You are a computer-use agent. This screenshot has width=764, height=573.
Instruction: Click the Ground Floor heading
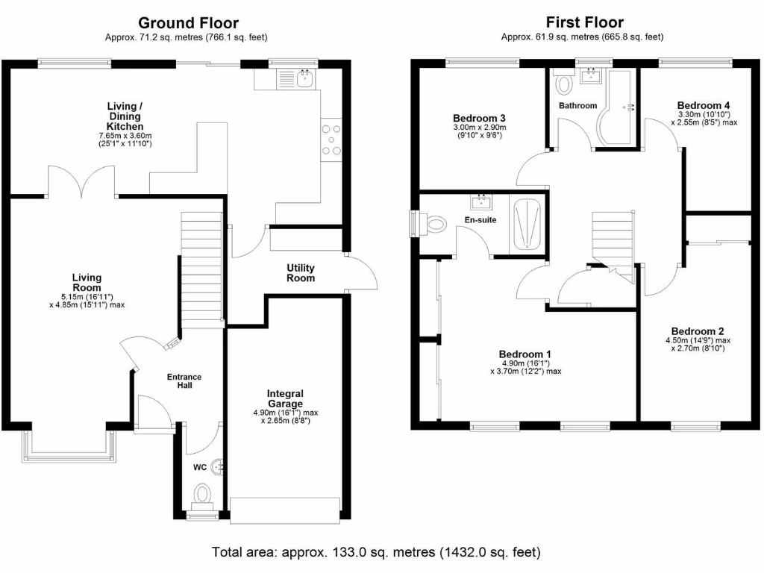(188, 23)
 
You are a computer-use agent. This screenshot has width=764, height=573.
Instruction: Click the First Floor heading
(584, 23)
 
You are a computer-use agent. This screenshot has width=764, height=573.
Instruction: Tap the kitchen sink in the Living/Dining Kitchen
(304, 77)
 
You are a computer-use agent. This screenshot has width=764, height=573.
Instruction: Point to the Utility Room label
(301, 272)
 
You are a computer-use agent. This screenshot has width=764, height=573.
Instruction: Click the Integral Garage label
(286, 398)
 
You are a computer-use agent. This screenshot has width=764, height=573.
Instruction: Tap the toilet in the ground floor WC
(202, 494)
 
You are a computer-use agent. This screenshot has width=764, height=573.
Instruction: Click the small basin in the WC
(218, 467)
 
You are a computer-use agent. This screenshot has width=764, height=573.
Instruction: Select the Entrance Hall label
(184, 381)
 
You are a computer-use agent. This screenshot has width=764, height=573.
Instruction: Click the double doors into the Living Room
(82, 181)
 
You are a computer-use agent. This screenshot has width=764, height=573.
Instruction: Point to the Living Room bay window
(69, 444)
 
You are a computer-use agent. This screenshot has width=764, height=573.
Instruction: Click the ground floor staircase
(202, 269)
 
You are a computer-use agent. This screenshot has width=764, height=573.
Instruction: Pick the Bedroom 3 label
(480, 118)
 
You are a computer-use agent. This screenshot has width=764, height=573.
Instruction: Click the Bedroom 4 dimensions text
(704, 118)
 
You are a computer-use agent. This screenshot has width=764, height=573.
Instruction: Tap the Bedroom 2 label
(697, 331)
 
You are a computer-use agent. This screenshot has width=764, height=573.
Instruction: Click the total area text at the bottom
(376, 553)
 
